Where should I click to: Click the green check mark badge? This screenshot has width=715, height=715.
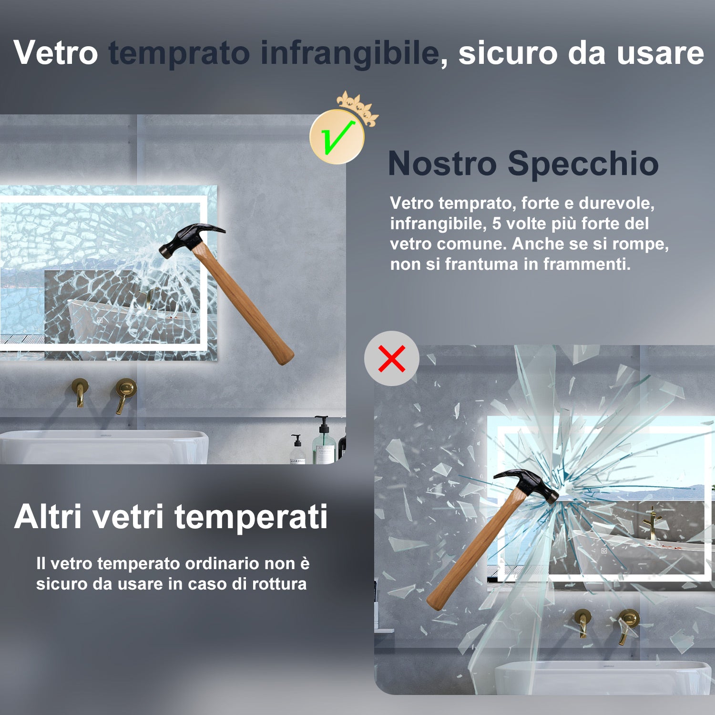click(x=337, y=137)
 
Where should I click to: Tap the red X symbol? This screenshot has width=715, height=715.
click(x=392, y=358)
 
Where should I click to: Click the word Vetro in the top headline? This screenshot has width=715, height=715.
click(x=56, y=52)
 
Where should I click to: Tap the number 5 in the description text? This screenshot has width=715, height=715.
click(x=497, y=224)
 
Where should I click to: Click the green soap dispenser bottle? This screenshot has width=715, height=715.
click(x=324, y=443)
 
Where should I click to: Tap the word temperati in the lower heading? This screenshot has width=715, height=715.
click(x=251, y=517)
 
